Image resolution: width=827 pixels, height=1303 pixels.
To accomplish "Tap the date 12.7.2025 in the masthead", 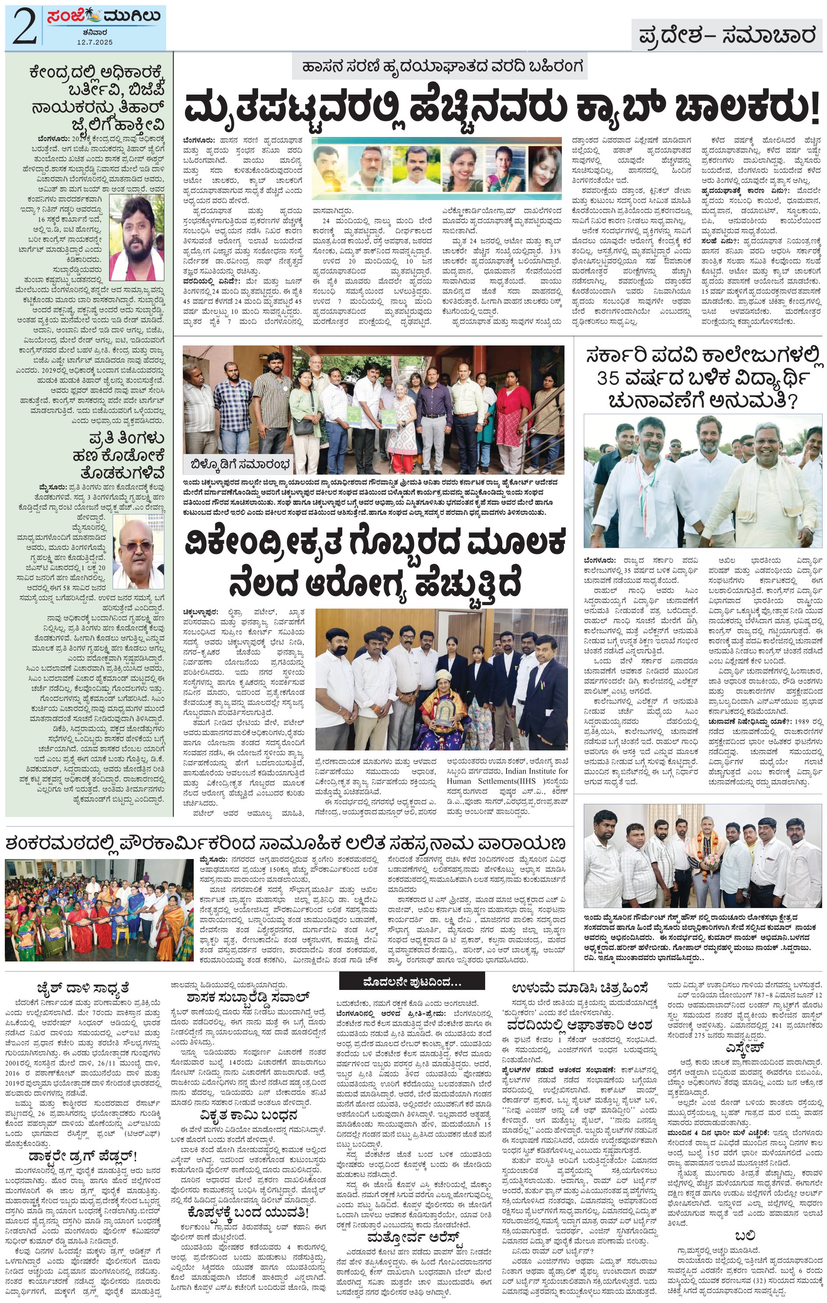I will coord(94,42).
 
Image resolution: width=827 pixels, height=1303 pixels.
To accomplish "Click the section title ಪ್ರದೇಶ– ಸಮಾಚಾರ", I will coord(726,36).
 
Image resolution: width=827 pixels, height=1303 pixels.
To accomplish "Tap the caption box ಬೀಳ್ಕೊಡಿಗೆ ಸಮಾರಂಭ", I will coord(240,464).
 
